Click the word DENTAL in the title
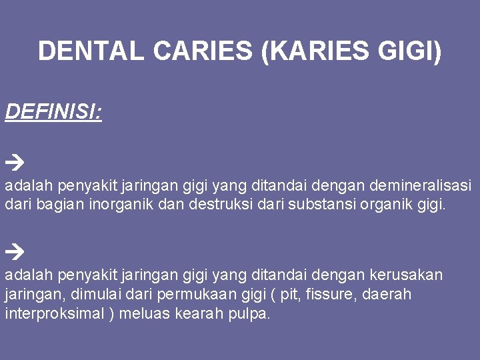pos(91,51)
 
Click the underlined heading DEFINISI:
pos(53,111)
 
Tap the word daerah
pos(388,294)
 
